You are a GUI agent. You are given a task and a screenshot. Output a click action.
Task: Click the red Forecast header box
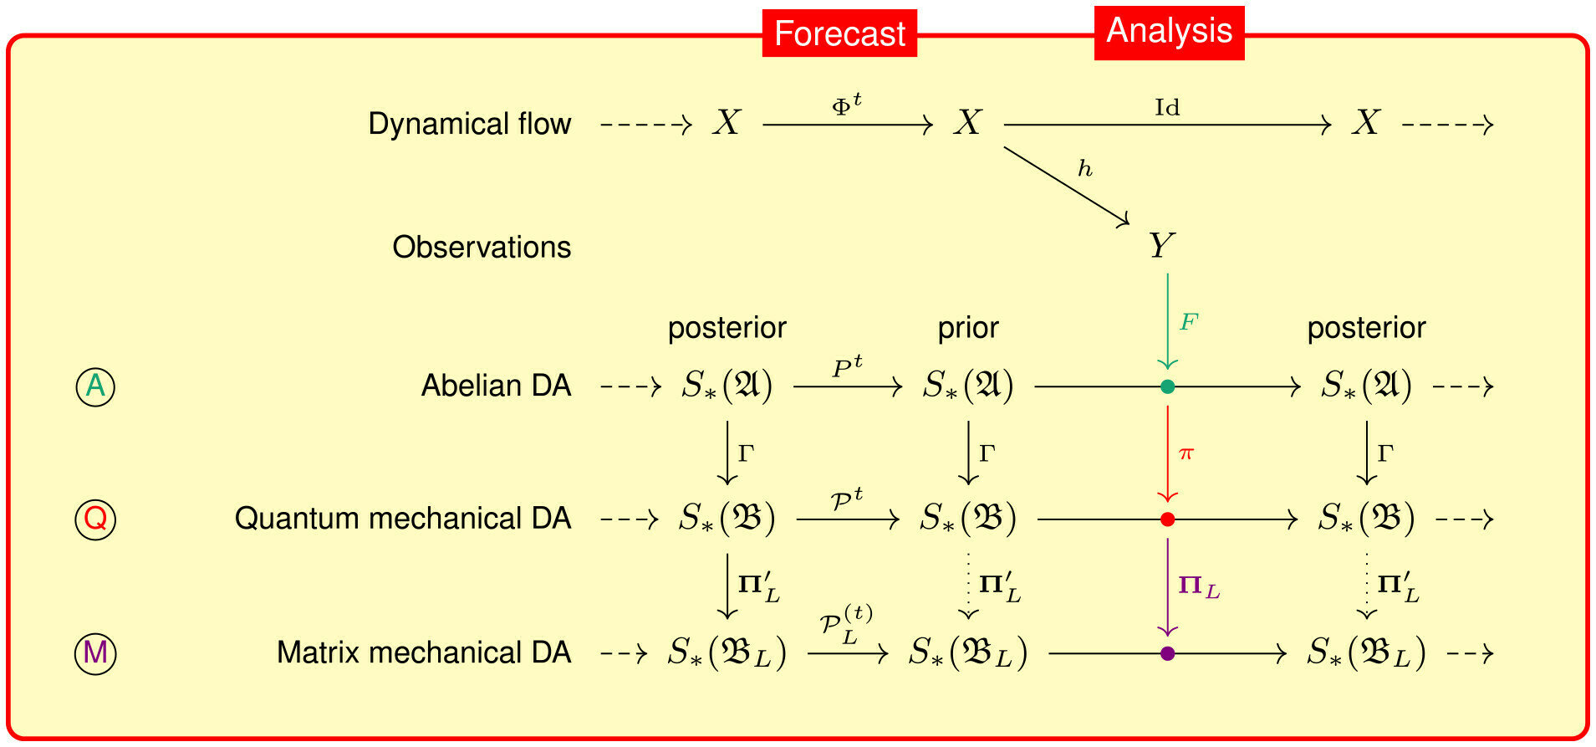[839, 33]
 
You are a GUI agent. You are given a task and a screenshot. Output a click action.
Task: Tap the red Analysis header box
[1169, 32]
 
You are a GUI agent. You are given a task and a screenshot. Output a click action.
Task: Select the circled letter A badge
[95, 386]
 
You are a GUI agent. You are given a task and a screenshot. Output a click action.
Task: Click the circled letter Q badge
[95, 519]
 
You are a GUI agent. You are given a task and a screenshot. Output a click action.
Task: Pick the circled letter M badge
[95, 652]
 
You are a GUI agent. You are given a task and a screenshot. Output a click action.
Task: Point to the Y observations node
[1161, 246]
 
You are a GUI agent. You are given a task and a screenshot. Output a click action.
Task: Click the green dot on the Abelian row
[1168, 386]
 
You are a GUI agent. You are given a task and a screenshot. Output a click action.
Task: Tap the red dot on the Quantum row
[1168, 519]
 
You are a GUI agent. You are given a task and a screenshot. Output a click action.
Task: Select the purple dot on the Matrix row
[1168, 653]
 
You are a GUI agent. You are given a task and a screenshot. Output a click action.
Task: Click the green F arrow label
[1189, 322]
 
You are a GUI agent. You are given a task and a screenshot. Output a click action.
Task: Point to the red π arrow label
[1186, 453]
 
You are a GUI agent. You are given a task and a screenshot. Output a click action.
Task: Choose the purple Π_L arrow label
[1199, 586]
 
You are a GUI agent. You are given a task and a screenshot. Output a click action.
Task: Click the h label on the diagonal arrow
[1085, 169]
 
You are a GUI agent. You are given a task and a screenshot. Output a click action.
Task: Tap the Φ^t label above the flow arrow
[847, 105]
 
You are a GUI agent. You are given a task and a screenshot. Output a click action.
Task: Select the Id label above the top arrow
[1167, 107]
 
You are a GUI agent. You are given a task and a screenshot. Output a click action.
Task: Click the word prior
[968, 328]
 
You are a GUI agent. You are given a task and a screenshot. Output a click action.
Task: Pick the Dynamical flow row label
[470, 124]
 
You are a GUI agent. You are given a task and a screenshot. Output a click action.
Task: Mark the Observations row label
[482, 247]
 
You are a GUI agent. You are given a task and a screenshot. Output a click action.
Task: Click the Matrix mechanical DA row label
[424, 652]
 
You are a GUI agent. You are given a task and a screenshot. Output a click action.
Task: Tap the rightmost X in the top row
[1366, 124]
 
